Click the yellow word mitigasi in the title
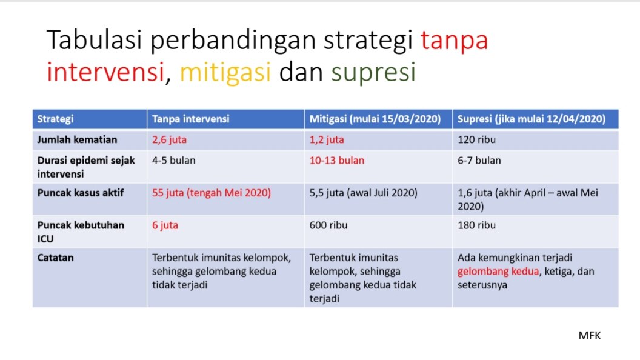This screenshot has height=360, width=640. [x=225, y=72]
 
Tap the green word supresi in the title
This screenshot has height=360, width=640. [x=373, y=73]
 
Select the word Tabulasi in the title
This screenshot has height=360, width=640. [x=95, y=40]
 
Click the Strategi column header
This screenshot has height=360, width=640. [x=56, y=119]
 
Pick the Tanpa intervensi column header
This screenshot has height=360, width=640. [x=191, y=119]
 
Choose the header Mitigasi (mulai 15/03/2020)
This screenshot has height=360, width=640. [x=375, y=119]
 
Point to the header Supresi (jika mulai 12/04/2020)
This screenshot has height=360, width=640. [x=532, y=119]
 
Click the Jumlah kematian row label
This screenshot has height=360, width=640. [x=77, y=139]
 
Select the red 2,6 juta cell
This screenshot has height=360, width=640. [x=169, y=139]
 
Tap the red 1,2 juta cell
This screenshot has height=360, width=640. [x=327, y=139]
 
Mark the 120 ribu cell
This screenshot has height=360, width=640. [x=477, y=139]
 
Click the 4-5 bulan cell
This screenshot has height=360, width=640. [x=173, y=161]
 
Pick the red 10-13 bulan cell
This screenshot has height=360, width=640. [x=337, y=161]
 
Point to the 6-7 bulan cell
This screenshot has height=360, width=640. [x=479, y=161]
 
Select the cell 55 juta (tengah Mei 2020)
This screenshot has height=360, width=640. [x=212, y=193]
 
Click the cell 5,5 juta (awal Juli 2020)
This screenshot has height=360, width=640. [x=363, y=193]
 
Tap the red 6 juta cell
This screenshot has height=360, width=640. [x=165, y=225]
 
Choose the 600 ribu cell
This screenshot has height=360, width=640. [x=328, y=225]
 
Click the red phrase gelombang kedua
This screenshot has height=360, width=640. [x=498, y=272]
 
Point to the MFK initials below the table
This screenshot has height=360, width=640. [x=590, y=336]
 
